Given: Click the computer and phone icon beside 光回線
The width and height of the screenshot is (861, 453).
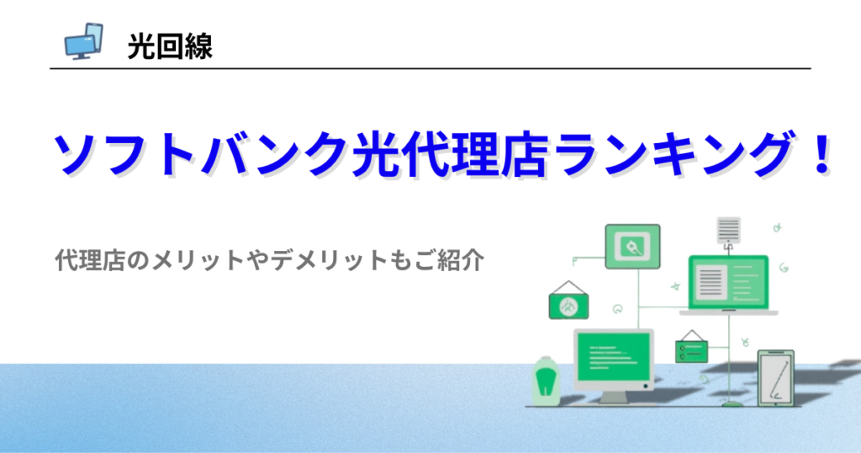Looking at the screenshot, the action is click(83, 41).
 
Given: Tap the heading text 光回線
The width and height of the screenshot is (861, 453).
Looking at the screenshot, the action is click(170, 46).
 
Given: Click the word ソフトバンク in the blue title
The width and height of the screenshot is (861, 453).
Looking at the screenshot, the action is click(199, 153).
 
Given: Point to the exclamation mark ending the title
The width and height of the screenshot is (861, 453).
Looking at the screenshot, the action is click(822, 153).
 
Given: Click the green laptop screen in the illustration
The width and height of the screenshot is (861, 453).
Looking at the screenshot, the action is click(729, 283).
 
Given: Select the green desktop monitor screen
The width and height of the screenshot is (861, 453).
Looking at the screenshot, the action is click(613, 357).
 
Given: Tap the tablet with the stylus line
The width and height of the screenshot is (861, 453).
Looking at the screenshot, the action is click(776, 378).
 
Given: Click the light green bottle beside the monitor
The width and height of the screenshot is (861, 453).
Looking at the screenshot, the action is click(546, 381).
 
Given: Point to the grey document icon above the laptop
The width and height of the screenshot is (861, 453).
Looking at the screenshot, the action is click(729, 231).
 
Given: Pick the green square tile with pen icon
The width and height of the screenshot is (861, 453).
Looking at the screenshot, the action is click(632, 247).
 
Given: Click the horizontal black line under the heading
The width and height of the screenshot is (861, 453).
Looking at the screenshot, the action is click(430, 69).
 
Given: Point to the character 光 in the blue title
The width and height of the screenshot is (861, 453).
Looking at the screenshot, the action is click(376, 153).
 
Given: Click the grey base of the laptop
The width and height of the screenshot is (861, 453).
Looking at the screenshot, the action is click(729, 312).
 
